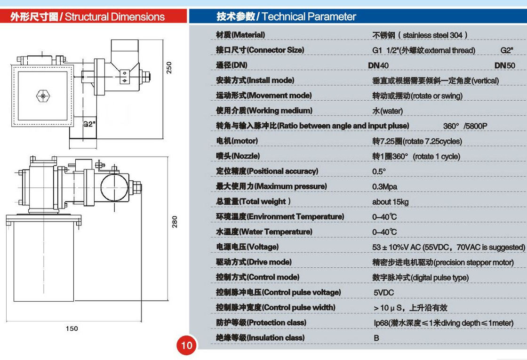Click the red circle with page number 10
187,345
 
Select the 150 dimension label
72,328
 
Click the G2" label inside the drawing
89,124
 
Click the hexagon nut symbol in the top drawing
42,96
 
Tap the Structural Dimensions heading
88,17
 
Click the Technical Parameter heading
286,17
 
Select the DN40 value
378,65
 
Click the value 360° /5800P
465,126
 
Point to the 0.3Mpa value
384,187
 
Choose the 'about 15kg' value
390,202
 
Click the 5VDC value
383,293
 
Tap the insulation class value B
376,338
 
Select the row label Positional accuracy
267,171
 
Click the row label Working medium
264,111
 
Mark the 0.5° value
379,172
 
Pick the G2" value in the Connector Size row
507,50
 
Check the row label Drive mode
254,262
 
